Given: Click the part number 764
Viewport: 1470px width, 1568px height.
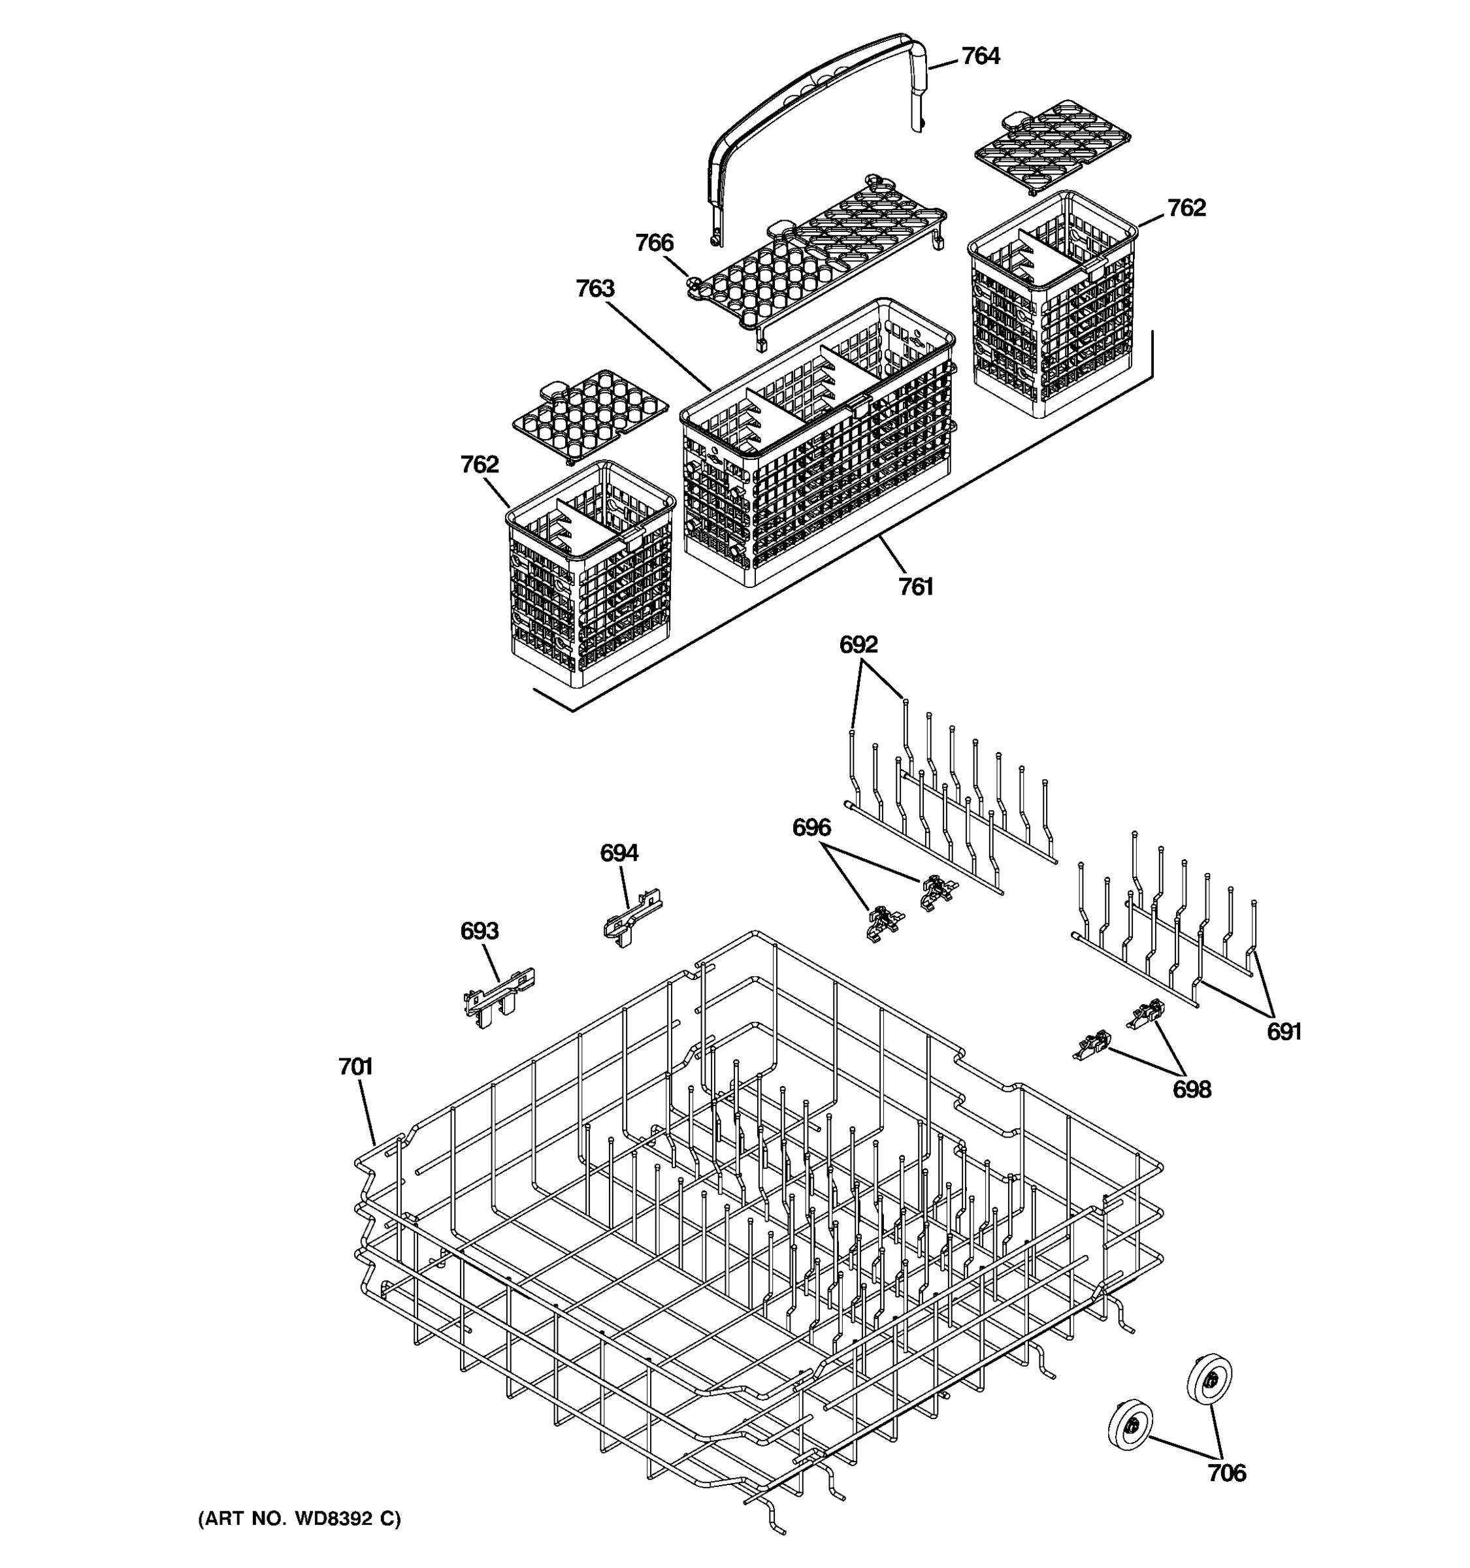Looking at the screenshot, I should [980, 57].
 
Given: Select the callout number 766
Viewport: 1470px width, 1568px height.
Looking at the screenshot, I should [655, 243].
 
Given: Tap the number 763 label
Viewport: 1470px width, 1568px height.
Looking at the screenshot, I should [595, 289].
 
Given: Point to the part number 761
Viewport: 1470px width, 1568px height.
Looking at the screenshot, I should [915, 587].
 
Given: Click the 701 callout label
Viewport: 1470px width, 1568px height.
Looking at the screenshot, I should [355, 1067].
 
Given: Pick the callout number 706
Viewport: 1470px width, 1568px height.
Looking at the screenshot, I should [1227, 1473].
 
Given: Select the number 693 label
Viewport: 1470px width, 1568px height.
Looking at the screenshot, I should [480, 932].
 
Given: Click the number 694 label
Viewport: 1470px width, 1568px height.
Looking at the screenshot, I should [619, 853].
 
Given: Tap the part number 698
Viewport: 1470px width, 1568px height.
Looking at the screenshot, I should [1192, 1090].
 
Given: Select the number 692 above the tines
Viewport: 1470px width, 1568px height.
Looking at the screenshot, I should [858, 645].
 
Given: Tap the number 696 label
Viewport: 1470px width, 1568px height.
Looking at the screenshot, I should [811, 828].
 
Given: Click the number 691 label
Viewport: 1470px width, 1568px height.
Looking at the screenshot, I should [1284, 1032].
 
